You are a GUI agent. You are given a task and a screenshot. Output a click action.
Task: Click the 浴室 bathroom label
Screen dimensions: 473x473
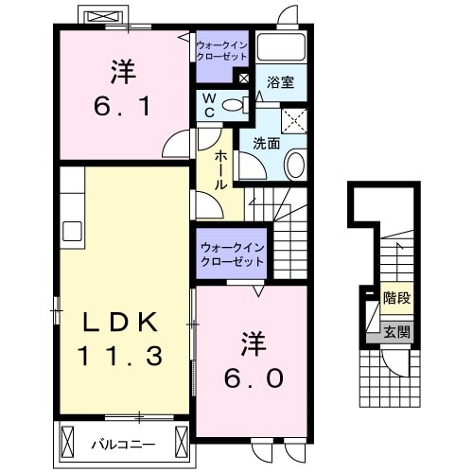pos(281,82)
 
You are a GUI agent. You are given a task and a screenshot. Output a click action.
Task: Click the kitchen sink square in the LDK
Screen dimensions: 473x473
pos(72,231)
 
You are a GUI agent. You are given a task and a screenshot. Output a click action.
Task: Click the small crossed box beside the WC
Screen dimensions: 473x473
pos(245,79)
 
